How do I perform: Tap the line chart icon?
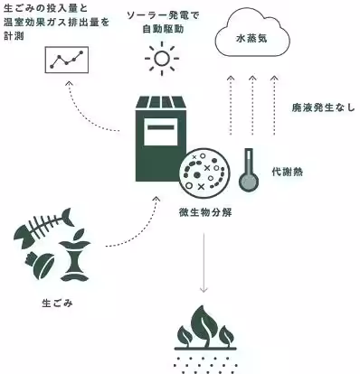click(69, 61)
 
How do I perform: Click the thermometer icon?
click(246, 171)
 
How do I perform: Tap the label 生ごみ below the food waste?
click(57, 303)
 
